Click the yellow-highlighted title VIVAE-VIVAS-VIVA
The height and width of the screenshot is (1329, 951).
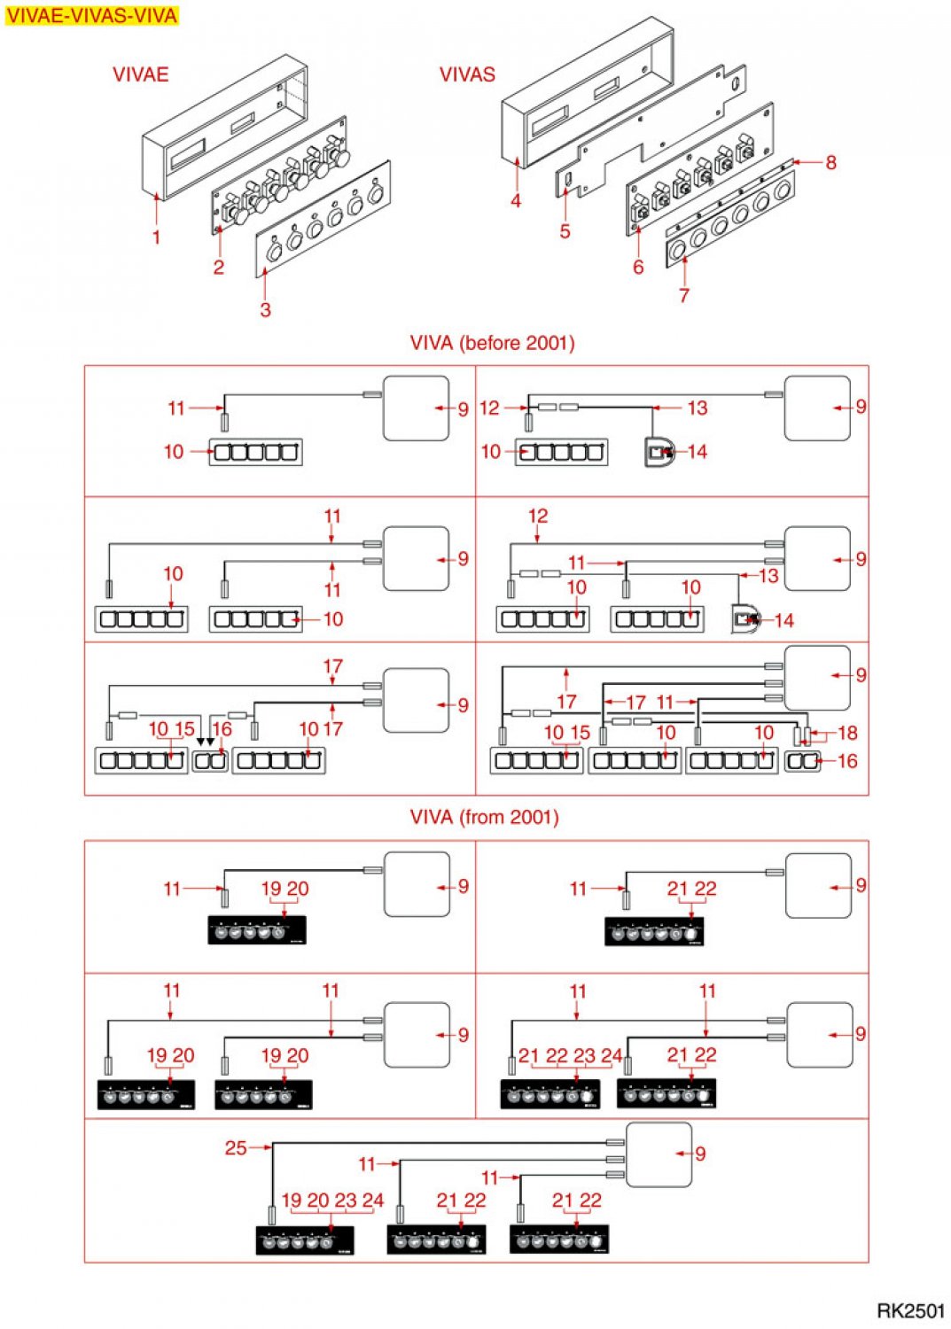coord(92,15)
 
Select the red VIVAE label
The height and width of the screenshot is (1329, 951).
coord(141,74)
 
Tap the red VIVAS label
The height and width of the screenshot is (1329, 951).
coord(467,74)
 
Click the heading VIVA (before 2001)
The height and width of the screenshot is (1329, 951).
coord(492,343)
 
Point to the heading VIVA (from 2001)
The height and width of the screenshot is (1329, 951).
coord(485,817)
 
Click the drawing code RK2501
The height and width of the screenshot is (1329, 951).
coord(910,1310)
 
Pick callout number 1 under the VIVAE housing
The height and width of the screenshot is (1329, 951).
coord(156,237)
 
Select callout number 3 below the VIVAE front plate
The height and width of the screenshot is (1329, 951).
coord(265,309)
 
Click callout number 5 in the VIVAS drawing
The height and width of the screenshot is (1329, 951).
coord(565,230)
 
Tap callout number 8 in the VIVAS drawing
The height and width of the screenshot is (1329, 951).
coord(830,162)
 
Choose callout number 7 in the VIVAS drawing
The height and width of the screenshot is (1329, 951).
coord(684,295)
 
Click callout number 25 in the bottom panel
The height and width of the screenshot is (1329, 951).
coord(236,1148)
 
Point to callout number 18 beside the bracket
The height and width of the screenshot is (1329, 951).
coord(847,733)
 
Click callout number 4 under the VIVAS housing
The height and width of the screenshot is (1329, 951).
coord(515,200)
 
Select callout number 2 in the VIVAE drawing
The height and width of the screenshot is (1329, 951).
coord(218,267)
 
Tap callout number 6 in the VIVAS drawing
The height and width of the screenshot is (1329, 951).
coord(638,267)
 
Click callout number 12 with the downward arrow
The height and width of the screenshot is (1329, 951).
coord(538,517)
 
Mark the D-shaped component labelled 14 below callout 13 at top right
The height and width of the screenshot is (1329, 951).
coord(659,453)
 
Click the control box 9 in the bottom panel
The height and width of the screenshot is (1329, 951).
coord(659,1154)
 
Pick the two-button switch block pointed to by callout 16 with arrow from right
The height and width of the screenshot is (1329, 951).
coord(803,761)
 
